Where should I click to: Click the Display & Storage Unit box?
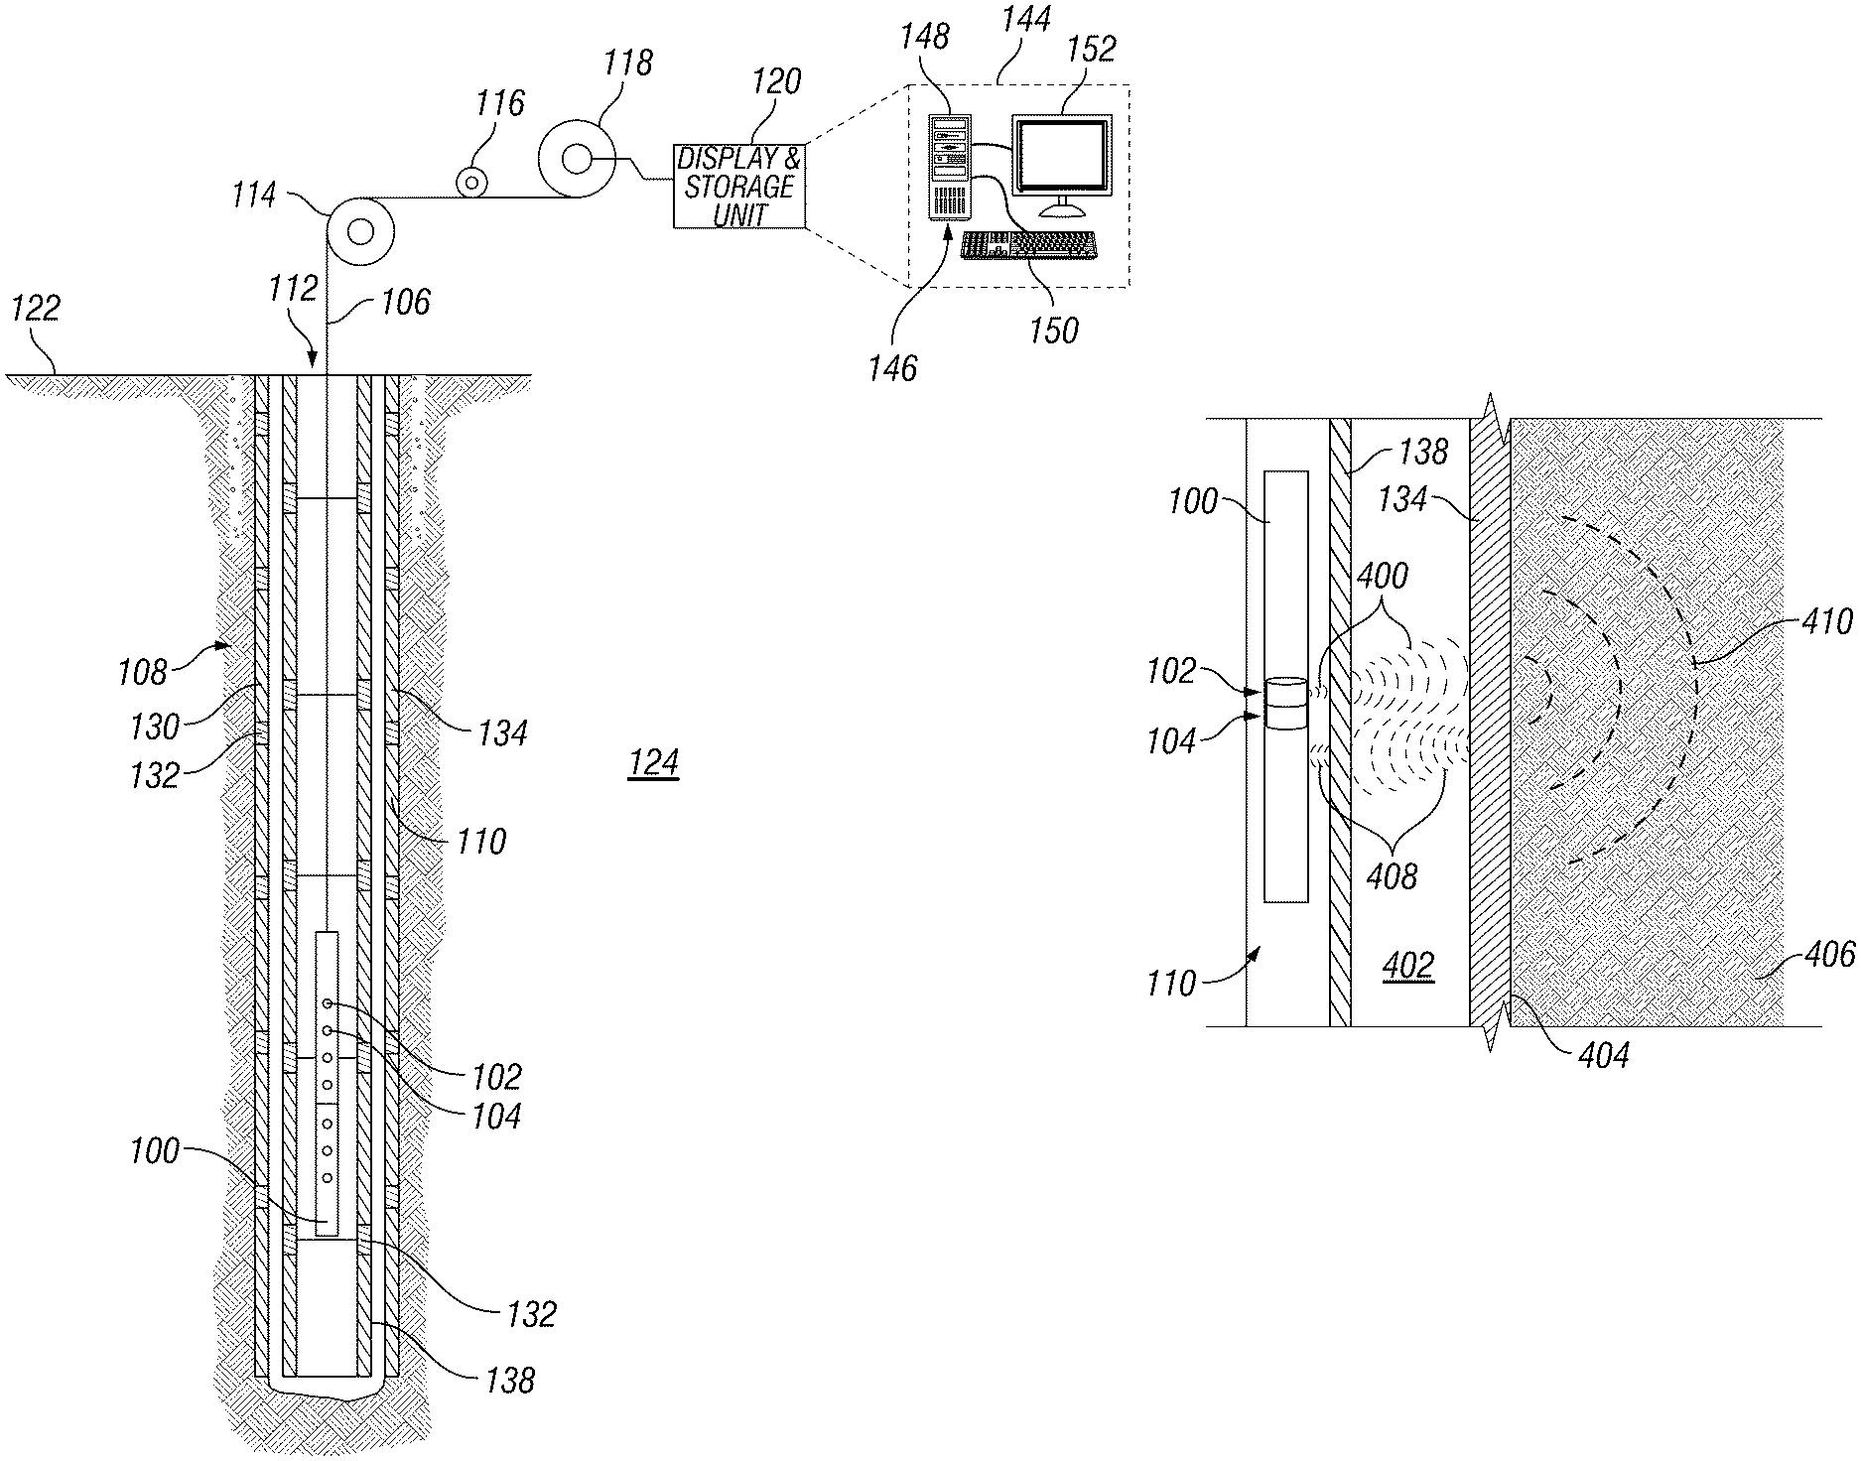click(x=739, y=187)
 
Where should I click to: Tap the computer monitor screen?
click(x=1061, y=155)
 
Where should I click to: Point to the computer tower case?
click(x=950, y=166)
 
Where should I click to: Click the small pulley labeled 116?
click(x=471, y=183)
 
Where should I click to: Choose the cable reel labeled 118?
click(x=577, y=159)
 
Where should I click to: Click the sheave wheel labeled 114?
click(x=359, y=232)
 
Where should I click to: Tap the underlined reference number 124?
click(x=653, y=763)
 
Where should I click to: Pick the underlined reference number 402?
click(x=1408, y=965)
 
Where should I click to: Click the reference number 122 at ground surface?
click(x=36, y=308)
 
